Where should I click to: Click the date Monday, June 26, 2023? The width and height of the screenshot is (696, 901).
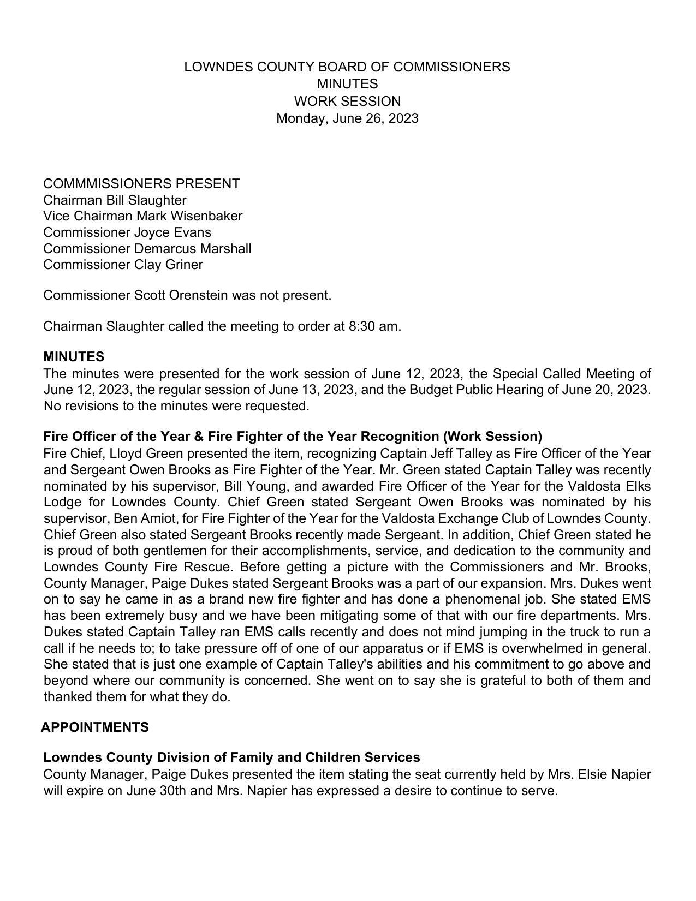tap(347, 118)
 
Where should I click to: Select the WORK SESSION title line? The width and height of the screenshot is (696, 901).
tap(347, 102)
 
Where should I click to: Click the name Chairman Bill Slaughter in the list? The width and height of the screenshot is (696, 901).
tap(115, 200)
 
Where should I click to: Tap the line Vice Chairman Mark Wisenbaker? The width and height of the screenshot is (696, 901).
tap(142, 216)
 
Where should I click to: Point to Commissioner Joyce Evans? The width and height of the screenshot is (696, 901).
tap(127, 232)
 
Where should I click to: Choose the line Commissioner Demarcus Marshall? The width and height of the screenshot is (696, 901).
tap(147, 249)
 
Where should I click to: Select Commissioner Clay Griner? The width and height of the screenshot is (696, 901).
tap(123, 265)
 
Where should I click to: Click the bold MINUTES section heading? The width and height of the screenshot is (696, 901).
tap(74, 357)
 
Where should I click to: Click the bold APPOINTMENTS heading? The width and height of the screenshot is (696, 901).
tap(95, 727)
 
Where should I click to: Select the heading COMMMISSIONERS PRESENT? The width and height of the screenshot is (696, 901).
tap(141, 184)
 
